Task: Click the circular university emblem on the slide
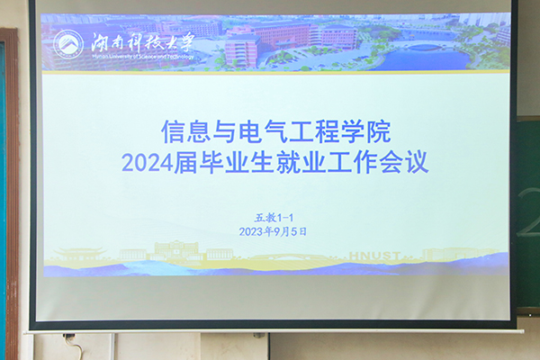pyautogui.click(x=67, y=42)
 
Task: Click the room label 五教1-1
pyautogui.click(x=274, y=216)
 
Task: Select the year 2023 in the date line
pyautogui.click(x=254, y=231)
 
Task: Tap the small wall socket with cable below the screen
pyautogui.click(x=70, y=339)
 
